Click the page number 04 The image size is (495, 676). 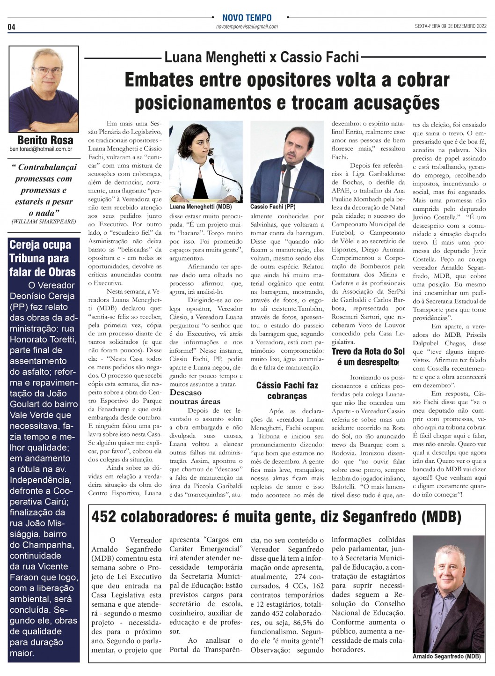[11, 27]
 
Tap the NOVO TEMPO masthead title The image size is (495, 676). [247, 18]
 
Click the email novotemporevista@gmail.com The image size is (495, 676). [247, 27]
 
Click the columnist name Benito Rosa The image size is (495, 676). [45, 140]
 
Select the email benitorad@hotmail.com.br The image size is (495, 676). [41, 149]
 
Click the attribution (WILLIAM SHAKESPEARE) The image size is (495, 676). [44, 222]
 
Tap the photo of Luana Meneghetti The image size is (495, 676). [206, 162]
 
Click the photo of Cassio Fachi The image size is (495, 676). [287, 162]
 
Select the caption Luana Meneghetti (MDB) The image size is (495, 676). [200, 207]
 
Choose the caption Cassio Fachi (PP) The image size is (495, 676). [273, 207]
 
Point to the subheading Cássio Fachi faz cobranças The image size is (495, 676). [287, 391]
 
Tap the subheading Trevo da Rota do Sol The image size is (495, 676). [368, 351]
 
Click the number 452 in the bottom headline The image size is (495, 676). [103, 517]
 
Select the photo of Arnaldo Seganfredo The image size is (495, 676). [449, 594]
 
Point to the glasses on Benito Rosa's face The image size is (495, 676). [47, 71]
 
